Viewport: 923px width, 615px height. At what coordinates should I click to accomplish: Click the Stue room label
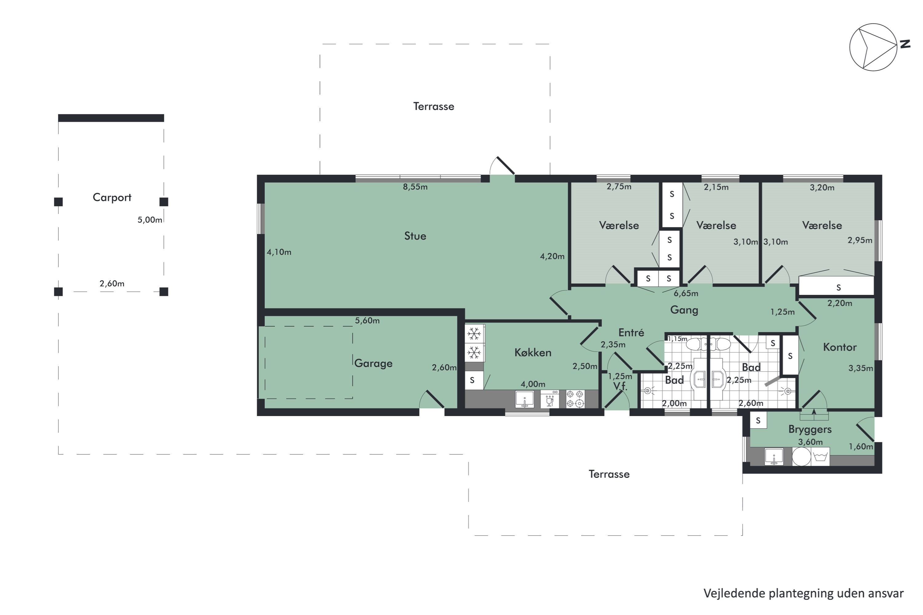tap(415, 236)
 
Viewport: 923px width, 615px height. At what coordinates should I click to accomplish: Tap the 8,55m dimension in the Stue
tap(415, 187)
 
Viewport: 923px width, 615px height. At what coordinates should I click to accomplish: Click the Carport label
tap(112, 197)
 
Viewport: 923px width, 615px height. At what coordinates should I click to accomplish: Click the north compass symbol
tap(873, 47)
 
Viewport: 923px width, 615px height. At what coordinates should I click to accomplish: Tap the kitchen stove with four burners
tap(575, 399)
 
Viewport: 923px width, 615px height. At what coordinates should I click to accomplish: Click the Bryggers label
tap(810, 429)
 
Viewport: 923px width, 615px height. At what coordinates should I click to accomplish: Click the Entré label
tap(631, 333)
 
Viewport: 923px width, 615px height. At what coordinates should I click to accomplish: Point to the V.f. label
tap(620, 386)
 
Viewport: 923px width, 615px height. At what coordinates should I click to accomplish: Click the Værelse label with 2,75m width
tap(619, 225)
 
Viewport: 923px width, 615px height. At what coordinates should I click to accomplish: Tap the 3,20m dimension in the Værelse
tap(822, 188)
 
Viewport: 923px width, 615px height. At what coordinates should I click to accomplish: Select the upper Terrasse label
tap(433, 106)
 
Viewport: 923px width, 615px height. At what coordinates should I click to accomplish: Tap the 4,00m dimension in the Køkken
tap(533, 384)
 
